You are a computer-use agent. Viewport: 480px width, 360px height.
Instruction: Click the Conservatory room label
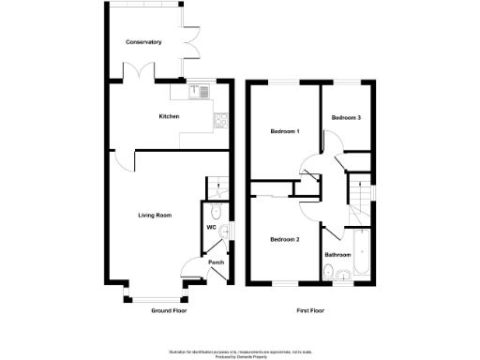pos(143,42)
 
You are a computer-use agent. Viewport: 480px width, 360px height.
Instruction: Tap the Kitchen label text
pos(169,116)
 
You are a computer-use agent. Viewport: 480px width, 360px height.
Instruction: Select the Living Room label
pos(156,215)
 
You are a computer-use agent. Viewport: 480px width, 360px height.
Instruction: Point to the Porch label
pos(216,262)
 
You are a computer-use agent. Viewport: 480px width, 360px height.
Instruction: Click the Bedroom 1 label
pos(284,130)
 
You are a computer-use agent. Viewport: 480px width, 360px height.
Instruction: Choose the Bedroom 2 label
pos(284,239)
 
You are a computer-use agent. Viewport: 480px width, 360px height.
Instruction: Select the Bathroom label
pos(337,254)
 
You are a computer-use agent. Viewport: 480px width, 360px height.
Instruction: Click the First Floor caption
pos(310,310)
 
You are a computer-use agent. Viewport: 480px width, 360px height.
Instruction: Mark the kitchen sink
pos(200,92)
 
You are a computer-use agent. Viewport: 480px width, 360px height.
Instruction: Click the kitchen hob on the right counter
pos(220,120)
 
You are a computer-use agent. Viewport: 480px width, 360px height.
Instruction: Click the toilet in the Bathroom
pos(329,273)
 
